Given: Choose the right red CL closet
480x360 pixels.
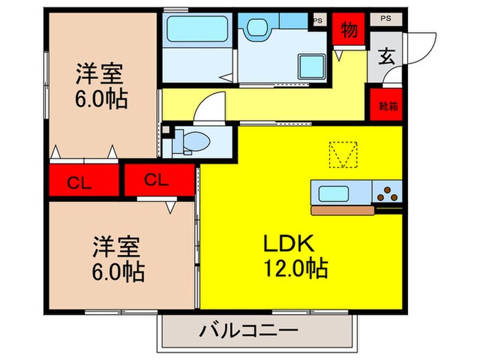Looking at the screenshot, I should tap(157, 180).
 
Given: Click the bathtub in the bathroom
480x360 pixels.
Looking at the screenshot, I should tap(194, 29).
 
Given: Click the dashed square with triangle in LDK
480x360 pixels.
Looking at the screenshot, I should tap(342, 154).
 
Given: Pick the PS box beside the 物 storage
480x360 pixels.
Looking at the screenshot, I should tap(317, 21).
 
